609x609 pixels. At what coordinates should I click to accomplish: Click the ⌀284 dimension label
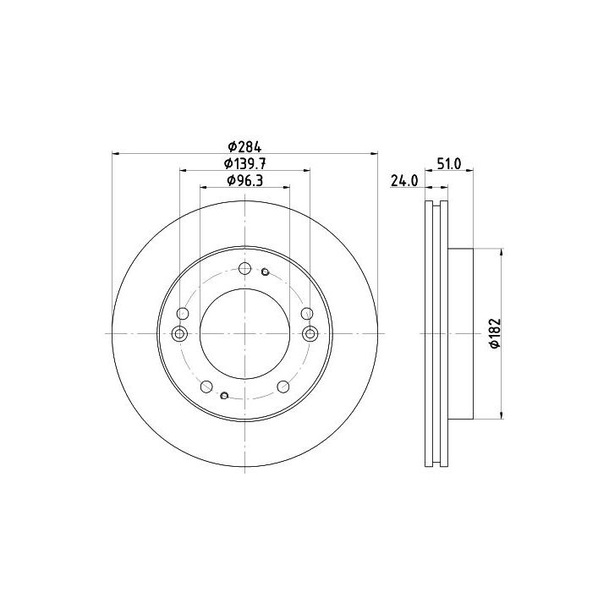pos(244,147)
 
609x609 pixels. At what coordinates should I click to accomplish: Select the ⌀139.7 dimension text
pos(244,164)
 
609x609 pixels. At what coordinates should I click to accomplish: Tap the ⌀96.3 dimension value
pos(245,181)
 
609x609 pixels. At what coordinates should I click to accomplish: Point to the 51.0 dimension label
pos(449,164)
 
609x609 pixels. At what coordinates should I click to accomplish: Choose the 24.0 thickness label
pos(404,181)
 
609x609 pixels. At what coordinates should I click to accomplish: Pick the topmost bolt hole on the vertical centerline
pos(245,268)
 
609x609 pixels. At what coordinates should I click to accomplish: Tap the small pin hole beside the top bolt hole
pos(266,272)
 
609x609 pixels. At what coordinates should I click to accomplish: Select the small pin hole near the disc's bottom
pos(224,395)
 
